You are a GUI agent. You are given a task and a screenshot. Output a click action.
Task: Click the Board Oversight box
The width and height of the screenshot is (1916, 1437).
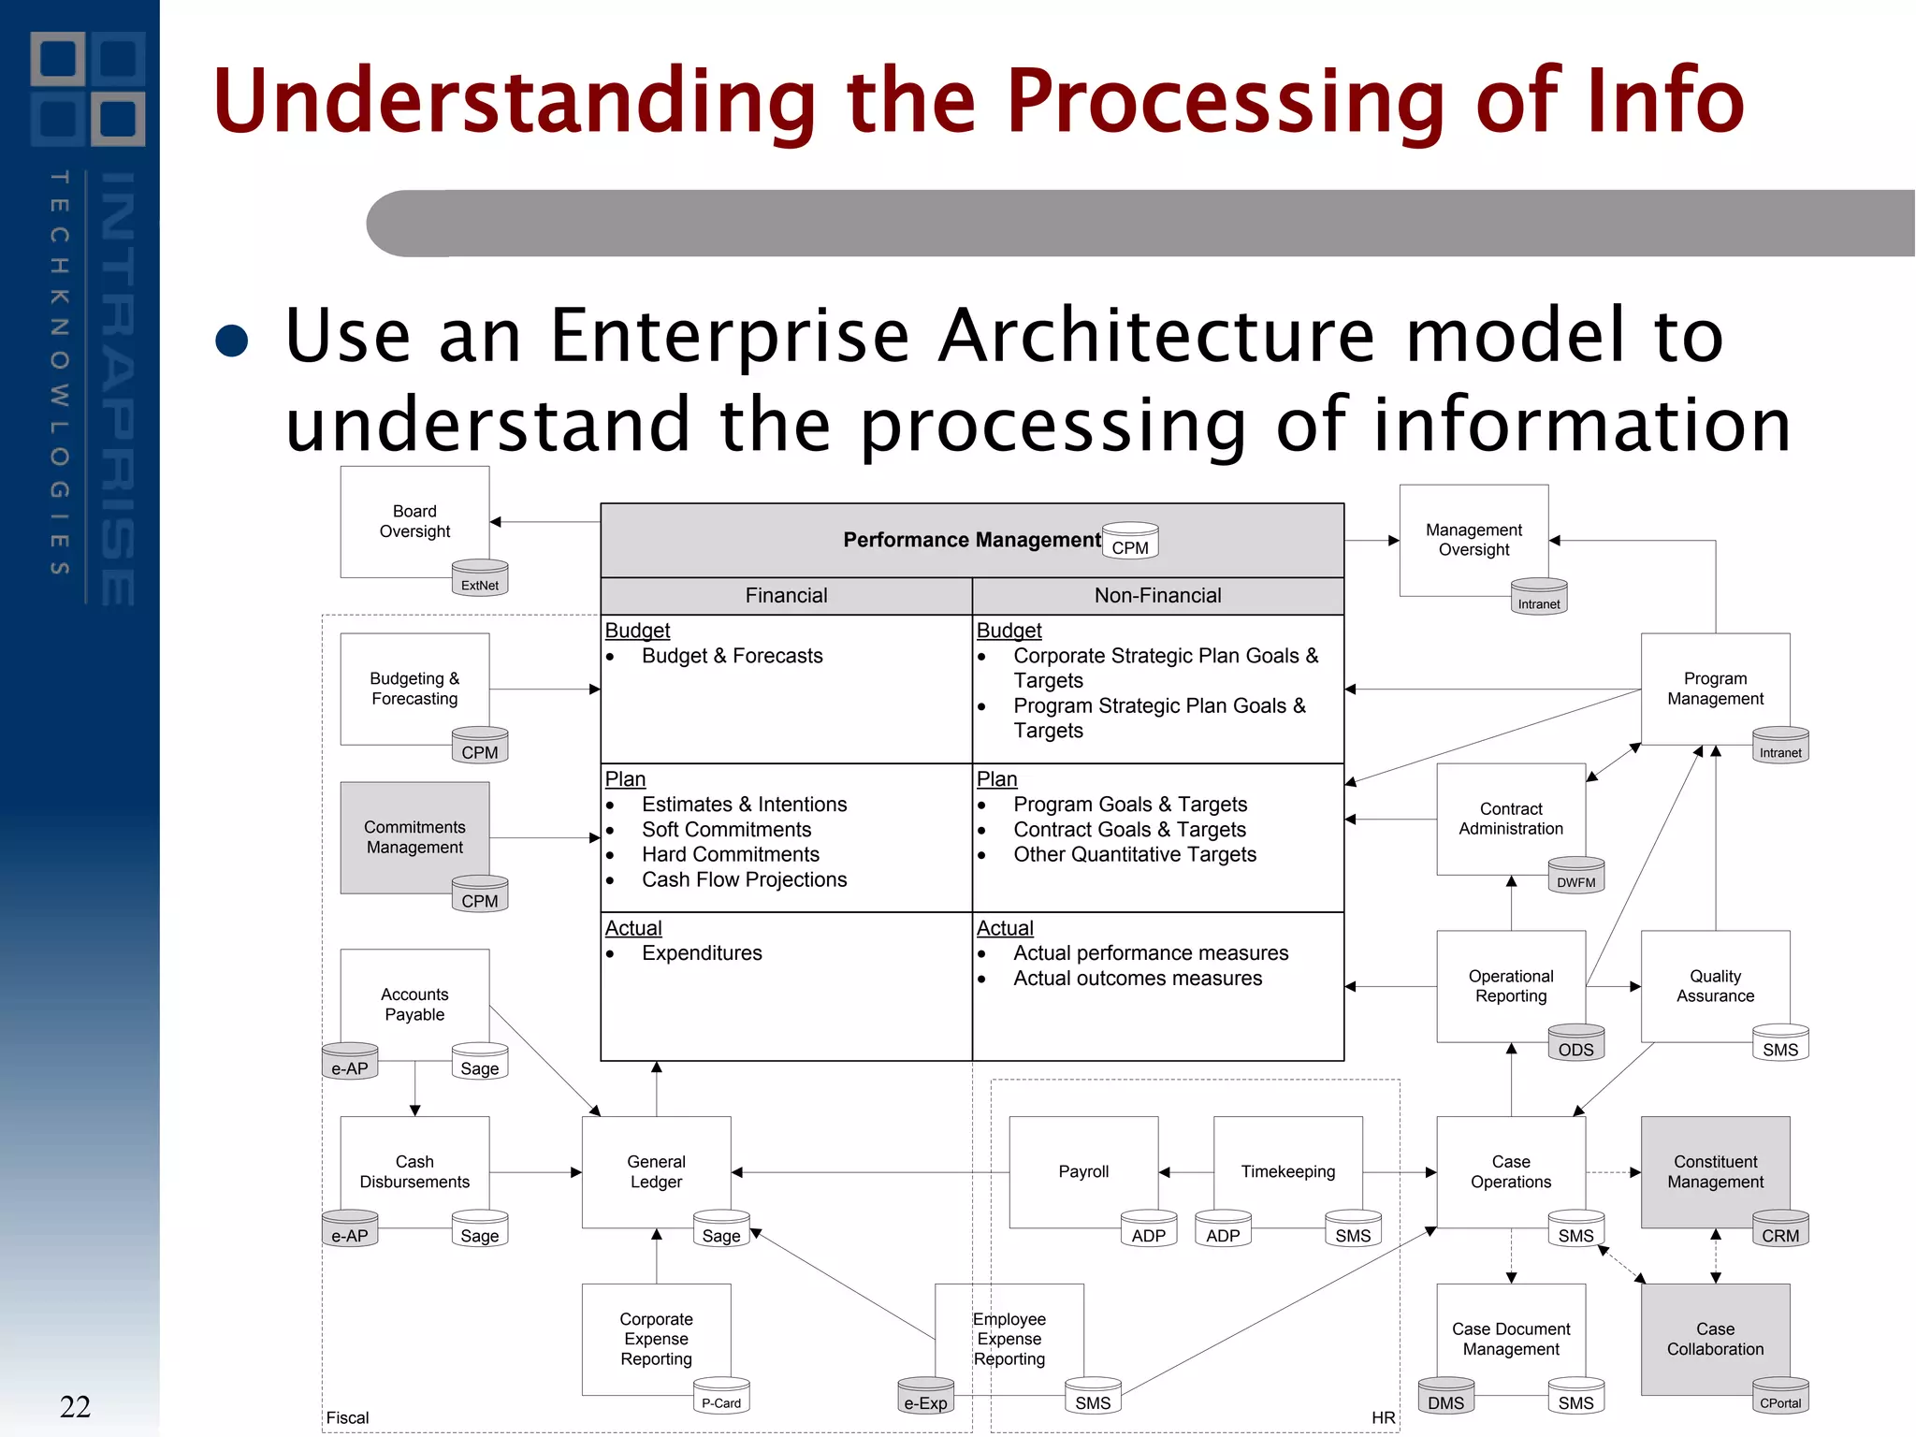pyautogui.click(x=414, y=521)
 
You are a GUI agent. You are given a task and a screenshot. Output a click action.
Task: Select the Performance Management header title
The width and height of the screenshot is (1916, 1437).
pyautogui.click(x=971, y=540)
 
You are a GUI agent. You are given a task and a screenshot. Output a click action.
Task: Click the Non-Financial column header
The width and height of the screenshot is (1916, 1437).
pyautogui.click(x=1157, y=596)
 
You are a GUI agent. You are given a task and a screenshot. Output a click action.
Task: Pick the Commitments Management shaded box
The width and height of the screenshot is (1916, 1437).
pyautogui.click(x=414, y=837)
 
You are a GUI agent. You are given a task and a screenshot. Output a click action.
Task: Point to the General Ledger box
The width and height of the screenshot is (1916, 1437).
pyautogui.click(x=656, y=1171)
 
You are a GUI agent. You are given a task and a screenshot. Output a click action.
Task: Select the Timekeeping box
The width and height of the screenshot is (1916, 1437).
pyautogui.click(x=1287, y=1171)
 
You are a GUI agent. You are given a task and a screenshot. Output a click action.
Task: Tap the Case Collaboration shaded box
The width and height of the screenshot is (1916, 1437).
pyautogui.click(x=1715, y=1339)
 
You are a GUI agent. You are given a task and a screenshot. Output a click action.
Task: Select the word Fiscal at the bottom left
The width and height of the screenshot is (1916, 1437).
pyautogui.click(x=347, y=1417)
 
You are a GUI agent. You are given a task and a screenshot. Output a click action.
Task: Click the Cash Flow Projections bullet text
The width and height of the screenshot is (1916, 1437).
pyautogui.click(x=744, y=879)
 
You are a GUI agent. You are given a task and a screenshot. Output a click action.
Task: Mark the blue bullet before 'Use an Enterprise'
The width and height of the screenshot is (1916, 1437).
pyautogui.click(x=232, y=341)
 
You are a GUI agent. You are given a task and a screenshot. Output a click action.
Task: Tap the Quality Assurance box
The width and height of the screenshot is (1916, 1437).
pyautogui.click(x=1715, y=986)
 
